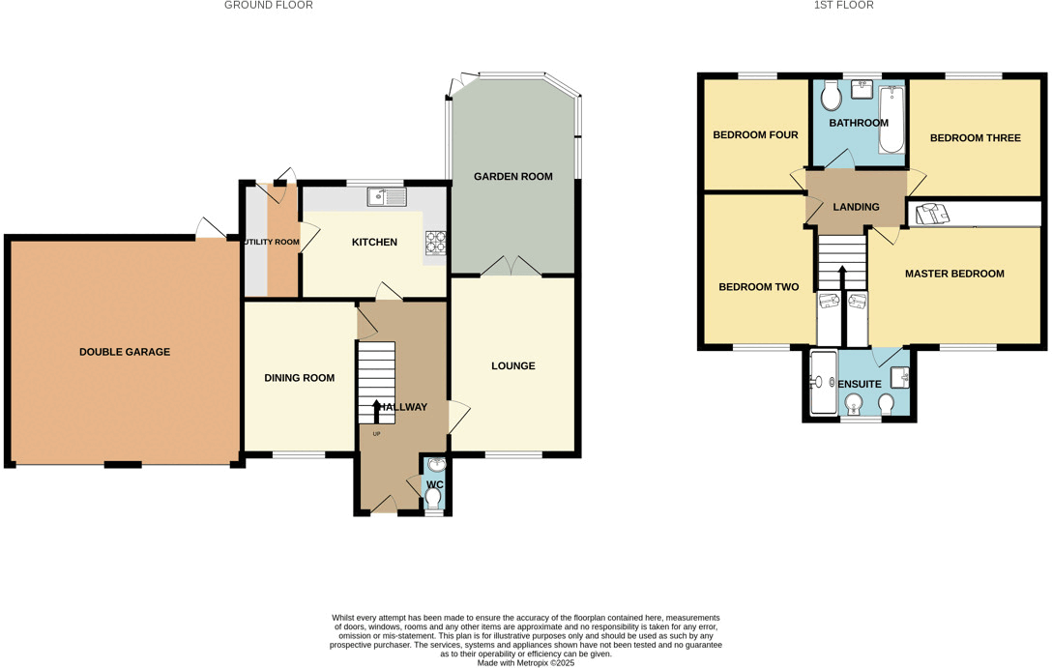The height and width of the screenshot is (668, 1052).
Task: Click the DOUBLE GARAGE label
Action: click(x=124, y=352)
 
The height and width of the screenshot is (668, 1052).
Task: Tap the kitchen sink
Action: click(x=386, y=197)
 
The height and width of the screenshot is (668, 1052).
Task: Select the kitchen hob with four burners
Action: click(x=435, y=243)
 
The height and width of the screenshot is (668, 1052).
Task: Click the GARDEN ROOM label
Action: click(x=512, y=177)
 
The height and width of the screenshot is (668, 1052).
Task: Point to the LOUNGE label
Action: click(x=512, y=366)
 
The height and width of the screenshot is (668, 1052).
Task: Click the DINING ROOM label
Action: click(x=299, y=378)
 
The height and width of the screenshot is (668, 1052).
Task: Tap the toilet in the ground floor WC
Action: click(x=434, y=498)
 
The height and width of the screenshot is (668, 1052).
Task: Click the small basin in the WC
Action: click(x=435, y=465)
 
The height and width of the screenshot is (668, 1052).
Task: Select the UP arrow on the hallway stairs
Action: click(x=376, y=410)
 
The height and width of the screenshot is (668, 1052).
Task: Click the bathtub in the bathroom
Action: click(x=891, y=121)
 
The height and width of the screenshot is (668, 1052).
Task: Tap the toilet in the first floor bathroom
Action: click(x=831, y=96)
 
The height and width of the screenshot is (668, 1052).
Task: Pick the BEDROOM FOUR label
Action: click(x=755, y=135)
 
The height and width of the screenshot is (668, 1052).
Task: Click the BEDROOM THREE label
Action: click(x=975, y=138)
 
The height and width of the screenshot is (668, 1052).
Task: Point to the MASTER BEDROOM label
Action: click(x=954, y=274)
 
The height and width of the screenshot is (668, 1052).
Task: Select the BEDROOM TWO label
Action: click(x=758, y=287)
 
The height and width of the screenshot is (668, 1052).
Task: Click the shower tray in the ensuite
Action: click(x=823, y=383)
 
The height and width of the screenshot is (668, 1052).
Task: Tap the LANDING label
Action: click(x=856, y=207)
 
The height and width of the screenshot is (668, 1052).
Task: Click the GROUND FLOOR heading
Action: click(x=268, y=6)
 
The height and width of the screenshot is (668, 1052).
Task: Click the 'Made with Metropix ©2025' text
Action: click(x=525, y=663)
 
